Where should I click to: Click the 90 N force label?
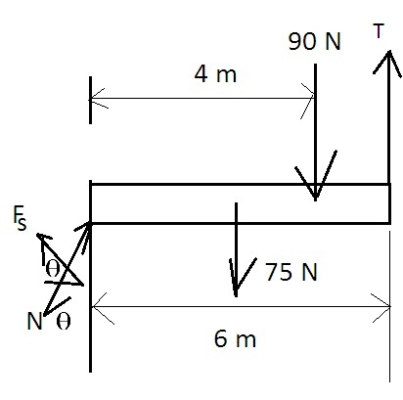(314, 42)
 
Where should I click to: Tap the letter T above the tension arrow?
(379, 31)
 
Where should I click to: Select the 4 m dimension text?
(215, 74)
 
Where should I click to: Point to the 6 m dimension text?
(235, 338)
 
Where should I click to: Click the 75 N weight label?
(291, 272)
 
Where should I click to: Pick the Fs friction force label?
(20, 218)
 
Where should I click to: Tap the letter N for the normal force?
(34, 321)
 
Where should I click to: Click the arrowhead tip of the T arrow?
(388, 51)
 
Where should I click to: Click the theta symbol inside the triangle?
(53, 269)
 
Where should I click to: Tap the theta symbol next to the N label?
(64, 322)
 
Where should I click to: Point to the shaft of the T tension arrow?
(388, 117)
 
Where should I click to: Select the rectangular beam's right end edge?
(389, 203)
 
